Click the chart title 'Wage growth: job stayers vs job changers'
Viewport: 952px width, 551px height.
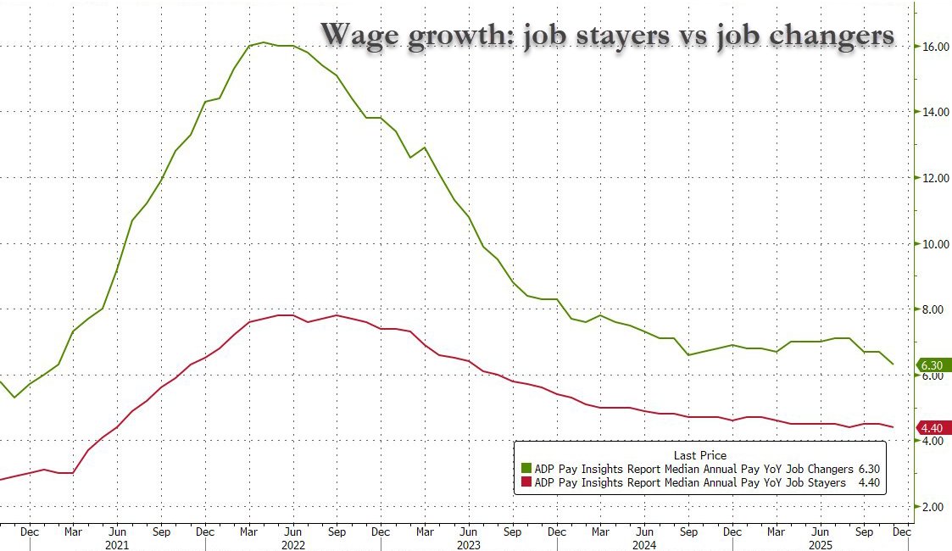pos(607,35)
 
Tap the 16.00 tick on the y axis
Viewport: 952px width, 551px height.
pos(935,47)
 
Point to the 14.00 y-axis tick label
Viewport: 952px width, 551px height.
pos(935,112)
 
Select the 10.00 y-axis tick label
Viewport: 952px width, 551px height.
pos(935,244)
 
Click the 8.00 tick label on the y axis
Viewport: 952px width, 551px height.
pos(935,310)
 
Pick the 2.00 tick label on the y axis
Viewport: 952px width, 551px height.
pos(935,507)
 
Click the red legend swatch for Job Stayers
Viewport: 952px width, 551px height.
pos(526,482)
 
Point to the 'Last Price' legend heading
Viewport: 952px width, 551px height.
pos(699,455)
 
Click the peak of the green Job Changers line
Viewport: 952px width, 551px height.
pos(264,42)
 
